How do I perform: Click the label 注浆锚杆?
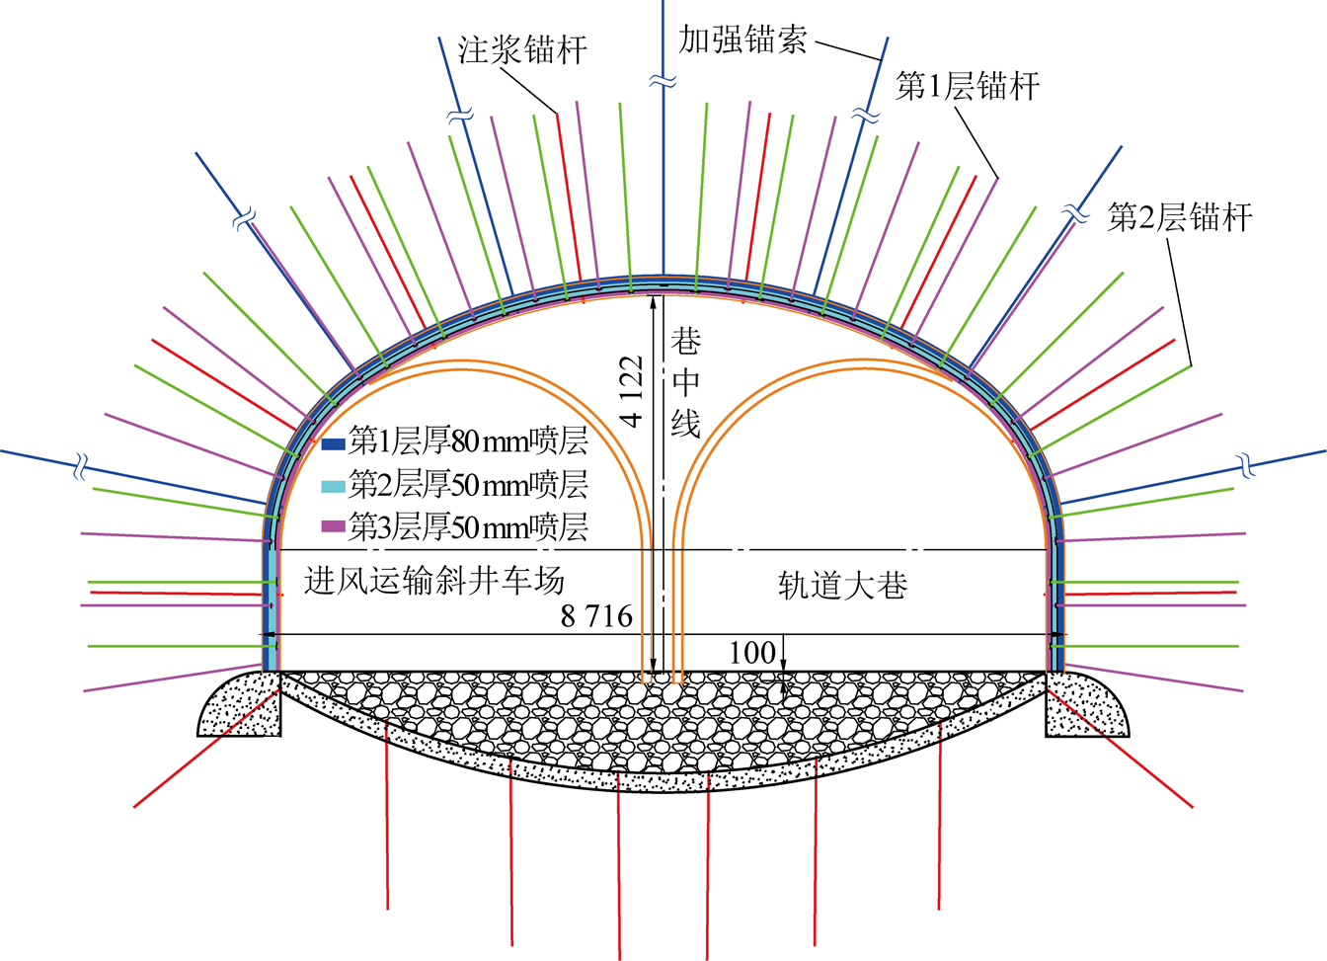click(x=522, y=49)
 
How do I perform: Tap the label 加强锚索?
click(x=742, y=40)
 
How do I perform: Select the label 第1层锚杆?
click(x=967, y=86)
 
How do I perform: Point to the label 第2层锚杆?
click(x=1180, y=217)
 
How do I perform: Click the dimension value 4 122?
click(x=632, y=391)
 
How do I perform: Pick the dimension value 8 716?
click(x=596, y=616)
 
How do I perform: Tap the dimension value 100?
click(x=751, y=653)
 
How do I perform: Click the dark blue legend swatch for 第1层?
click(x=333, y=444)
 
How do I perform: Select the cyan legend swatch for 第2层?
click(x=333, y=486)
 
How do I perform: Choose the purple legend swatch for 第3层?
click(x=333, y=526)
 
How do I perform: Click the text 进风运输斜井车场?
click(x=434, y=580)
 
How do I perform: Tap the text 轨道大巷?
click(x=842, y=586)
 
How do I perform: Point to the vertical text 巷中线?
click(x=685, y=383)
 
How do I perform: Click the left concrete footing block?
click(x=240, y=703)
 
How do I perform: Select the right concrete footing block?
click(x=1087, y=703)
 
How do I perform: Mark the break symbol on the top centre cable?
click(x=663, y=82)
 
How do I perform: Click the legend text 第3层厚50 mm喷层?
click(x=468, y=526)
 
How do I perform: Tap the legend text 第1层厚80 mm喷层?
click(x=468, y=441)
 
